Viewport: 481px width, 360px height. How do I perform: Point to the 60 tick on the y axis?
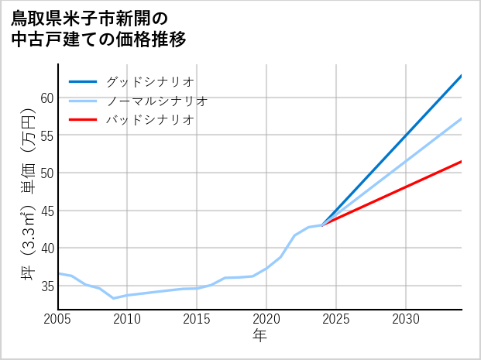(x=46, y=98)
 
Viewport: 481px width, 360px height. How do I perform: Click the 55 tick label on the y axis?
(x=46, y=135)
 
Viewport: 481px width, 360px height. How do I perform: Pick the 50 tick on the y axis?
(x=46, y=173)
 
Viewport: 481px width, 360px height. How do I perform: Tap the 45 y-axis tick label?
(x=46, y=211)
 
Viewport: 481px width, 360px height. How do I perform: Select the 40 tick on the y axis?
(x=46, y=248)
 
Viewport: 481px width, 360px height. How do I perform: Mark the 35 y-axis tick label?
(x=46, y=286)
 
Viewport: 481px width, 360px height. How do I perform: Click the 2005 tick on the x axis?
(x=58, y=319)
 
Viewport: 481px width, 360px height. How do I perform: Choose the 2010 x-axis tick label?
(x=127, y=319)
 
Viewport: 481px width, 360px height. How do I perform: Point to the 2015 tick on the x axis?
(x=197, y=319)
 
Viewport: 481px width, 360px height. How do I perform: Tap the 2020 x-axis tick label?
(x=266, y=319)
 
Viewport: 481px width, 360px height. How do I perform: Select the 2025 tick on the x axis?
(x=336, y=319)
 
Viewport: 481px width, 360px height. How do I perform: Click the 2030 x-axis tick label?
(x=406, y=319)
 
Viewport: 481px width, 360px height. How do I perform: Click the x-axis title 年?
(x=260, y=336)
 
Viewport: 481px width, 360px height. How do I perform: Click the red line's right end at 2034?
(x=462, y=161)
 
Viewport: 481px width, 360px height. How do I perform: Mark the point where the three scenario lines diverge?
(x=323, y=225)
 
